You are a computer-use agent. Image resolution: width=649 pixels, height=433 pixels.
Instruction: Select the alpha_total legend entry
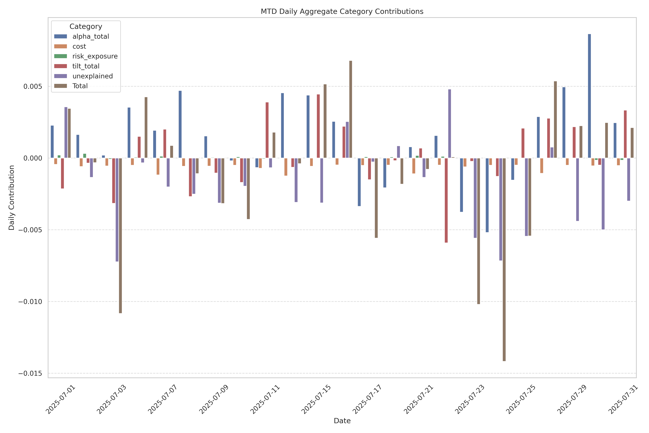pos(91,37)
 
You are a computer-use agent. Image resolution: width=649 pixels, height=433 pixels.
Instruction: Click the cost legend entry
pos(79,46)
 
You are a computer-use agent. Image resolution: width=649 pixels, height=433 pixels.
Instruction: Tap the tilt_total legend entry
pos(86,66)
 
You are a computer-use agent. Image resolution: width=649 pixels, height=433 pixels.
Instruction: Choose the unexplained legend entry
pos(92,76)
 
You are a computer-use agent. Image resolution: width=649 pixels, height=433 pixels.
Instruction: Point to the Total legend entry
pos(80,86)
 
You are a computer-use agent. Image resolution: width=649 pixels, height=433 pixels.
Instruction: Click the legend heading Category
pos(86,27)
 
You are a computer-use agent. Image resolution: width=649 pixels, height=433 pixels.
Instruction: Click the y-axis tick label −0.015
pos(30,373)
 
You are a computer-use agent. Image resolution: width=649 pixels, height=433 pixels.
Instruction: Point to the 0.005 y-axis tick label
pos(33,86)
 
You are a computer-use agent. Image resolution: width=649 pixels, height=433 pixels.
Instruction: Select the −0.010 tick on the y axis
pos(30,302)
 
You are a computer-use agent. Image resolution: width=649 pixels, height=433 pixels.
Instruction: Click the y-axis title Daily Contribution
pos(12,198)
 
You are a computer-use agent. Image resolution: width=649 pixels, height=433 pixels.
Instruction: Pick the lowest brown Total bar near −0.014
pos(504,260)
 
